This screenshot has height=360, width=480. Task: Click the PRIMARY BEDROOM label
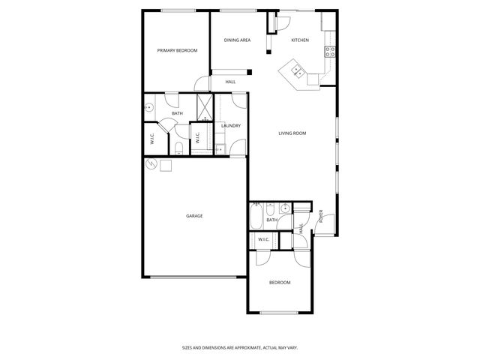(177, 50)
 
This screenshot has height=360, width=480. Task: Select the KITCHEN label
(300, 40)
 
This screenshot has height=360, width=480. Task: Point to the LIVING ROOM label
(292, 133)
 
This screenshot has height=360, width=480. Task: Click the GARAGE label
(194, 216)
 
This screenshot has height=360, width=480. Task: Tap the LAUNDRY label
(230, 126)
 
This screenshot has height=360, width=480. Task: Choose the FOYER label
(321, 218)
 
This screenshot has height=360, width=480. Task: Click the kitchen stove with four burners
(328, 51)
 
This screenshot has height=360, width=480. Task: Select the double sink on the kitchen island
(298, 72)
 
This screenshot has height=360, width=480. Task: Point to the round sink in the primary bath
(149, 107)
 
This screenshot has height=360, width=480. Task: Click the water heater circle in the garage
(151, 165)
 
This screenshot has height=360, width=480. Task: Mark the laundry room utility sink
(220, 149)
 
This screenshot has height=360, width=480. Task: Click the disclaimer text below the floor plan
(239, 347)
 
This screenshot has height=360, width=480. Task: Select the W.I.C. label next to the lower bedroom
(263, 240)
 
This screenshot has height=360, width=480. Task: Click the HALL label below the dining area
(230, 81)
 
